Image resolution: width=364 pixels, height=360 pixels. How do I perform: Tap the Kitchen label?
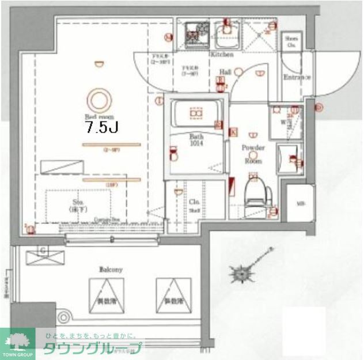click(222, 55)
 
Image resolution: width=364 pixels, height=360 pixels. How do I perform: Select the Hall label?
click(225, 73)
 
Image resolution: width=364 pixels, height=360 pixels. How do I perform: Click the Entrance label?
click(297, 77)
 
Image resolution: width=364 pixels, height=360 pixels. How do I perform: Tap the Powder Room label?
click(253, 154)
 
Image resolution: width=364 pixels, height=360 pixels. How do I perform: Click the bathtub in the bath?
click(196, 116)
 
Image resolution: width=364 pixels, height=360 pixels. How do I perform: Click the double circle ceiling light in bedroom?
click(100, 98)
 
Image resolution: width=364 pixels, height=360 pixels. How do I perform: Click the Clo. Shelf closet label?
click(194, 206)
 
